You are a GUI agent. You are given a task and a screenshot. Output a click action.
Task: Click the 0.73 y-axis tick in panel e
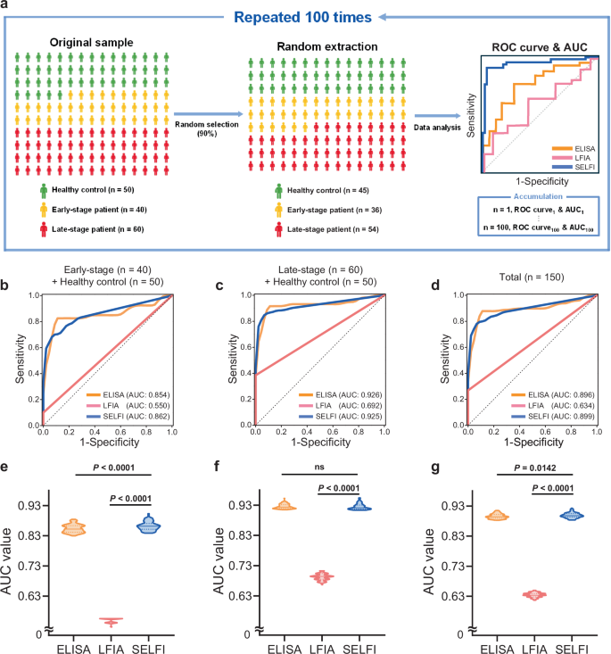coord(29,566)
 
